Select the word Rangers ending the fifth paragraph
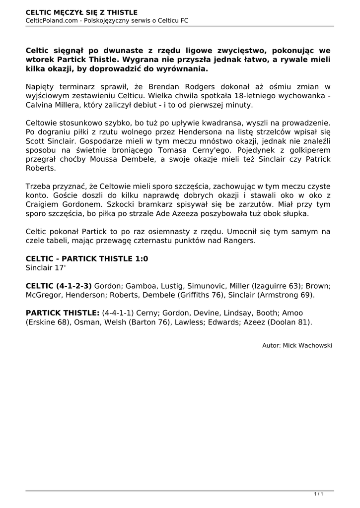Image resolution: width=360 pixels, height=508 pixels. [238, 241]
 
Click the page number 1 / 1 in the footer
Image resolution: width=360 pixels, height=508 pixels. [318, 494]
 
